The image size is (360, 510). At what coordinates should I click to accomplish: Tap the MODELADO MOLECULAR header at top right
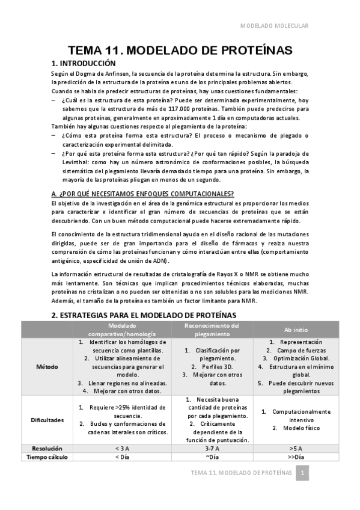[275, 26]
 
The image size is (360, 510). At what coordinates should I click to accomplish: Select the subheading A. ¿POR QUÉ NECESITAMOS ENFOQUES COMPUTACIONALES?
[142, 194]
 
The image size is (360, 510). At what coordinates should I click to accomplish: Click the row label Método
[47, 366]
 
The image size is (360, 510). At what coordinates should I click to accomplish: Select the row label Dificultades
[47, 420]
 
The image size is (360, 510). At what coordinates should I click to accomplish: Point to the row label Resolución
[47, 448]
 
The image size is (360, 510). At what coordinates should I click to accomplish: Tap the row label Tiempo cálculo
[47, 457]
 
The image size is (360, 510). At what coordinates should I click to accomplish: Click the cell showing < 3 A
[122, 448]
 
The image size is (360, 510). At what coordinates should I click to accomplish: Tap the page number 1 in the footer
[304, 473]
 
